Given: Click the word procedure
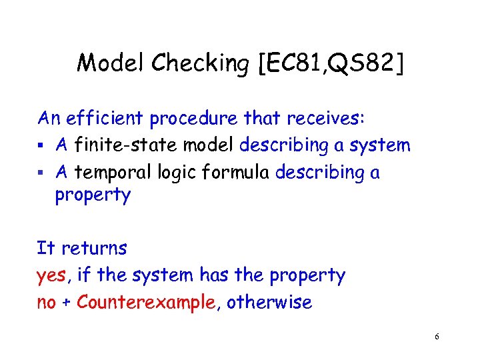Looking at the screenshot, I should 193,119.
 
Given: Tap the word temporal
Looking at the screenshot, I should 113,173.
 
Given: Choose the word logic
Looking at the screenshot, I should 174,173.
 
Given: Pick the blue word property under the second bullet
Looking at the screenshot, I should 93,196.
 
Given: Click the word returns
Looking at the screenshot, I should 94,249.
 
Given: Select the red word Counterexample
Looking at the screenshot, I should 147,302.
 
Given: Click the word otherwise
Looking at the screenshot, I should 269,302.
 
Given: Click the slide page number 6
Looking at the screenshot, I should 436,337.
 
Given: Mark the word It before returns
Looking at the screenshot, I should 45,248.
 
